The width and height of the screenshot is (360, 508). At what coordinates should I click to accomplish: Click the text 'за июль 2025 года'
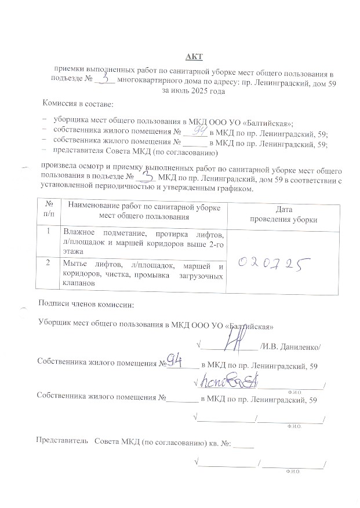(193, 91)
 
